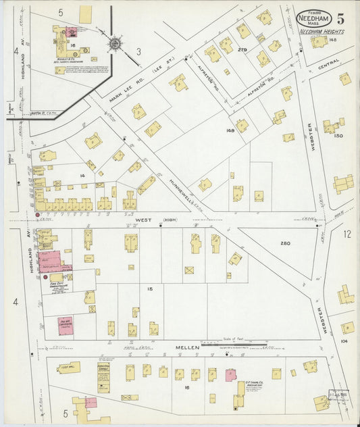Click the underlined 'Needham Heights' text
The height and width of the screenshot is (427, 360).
tap(321, 32)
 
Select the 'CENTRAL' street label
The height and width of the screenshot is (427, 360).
tap(329, 68)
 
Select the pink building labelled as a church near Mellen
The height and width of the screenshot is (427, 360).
tap(66, 324)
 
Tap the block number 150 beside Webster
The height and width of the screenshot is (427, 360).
tap(338, 136)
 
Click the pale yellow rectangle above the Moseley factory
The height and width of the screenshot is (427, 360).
tap(86, 13)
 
